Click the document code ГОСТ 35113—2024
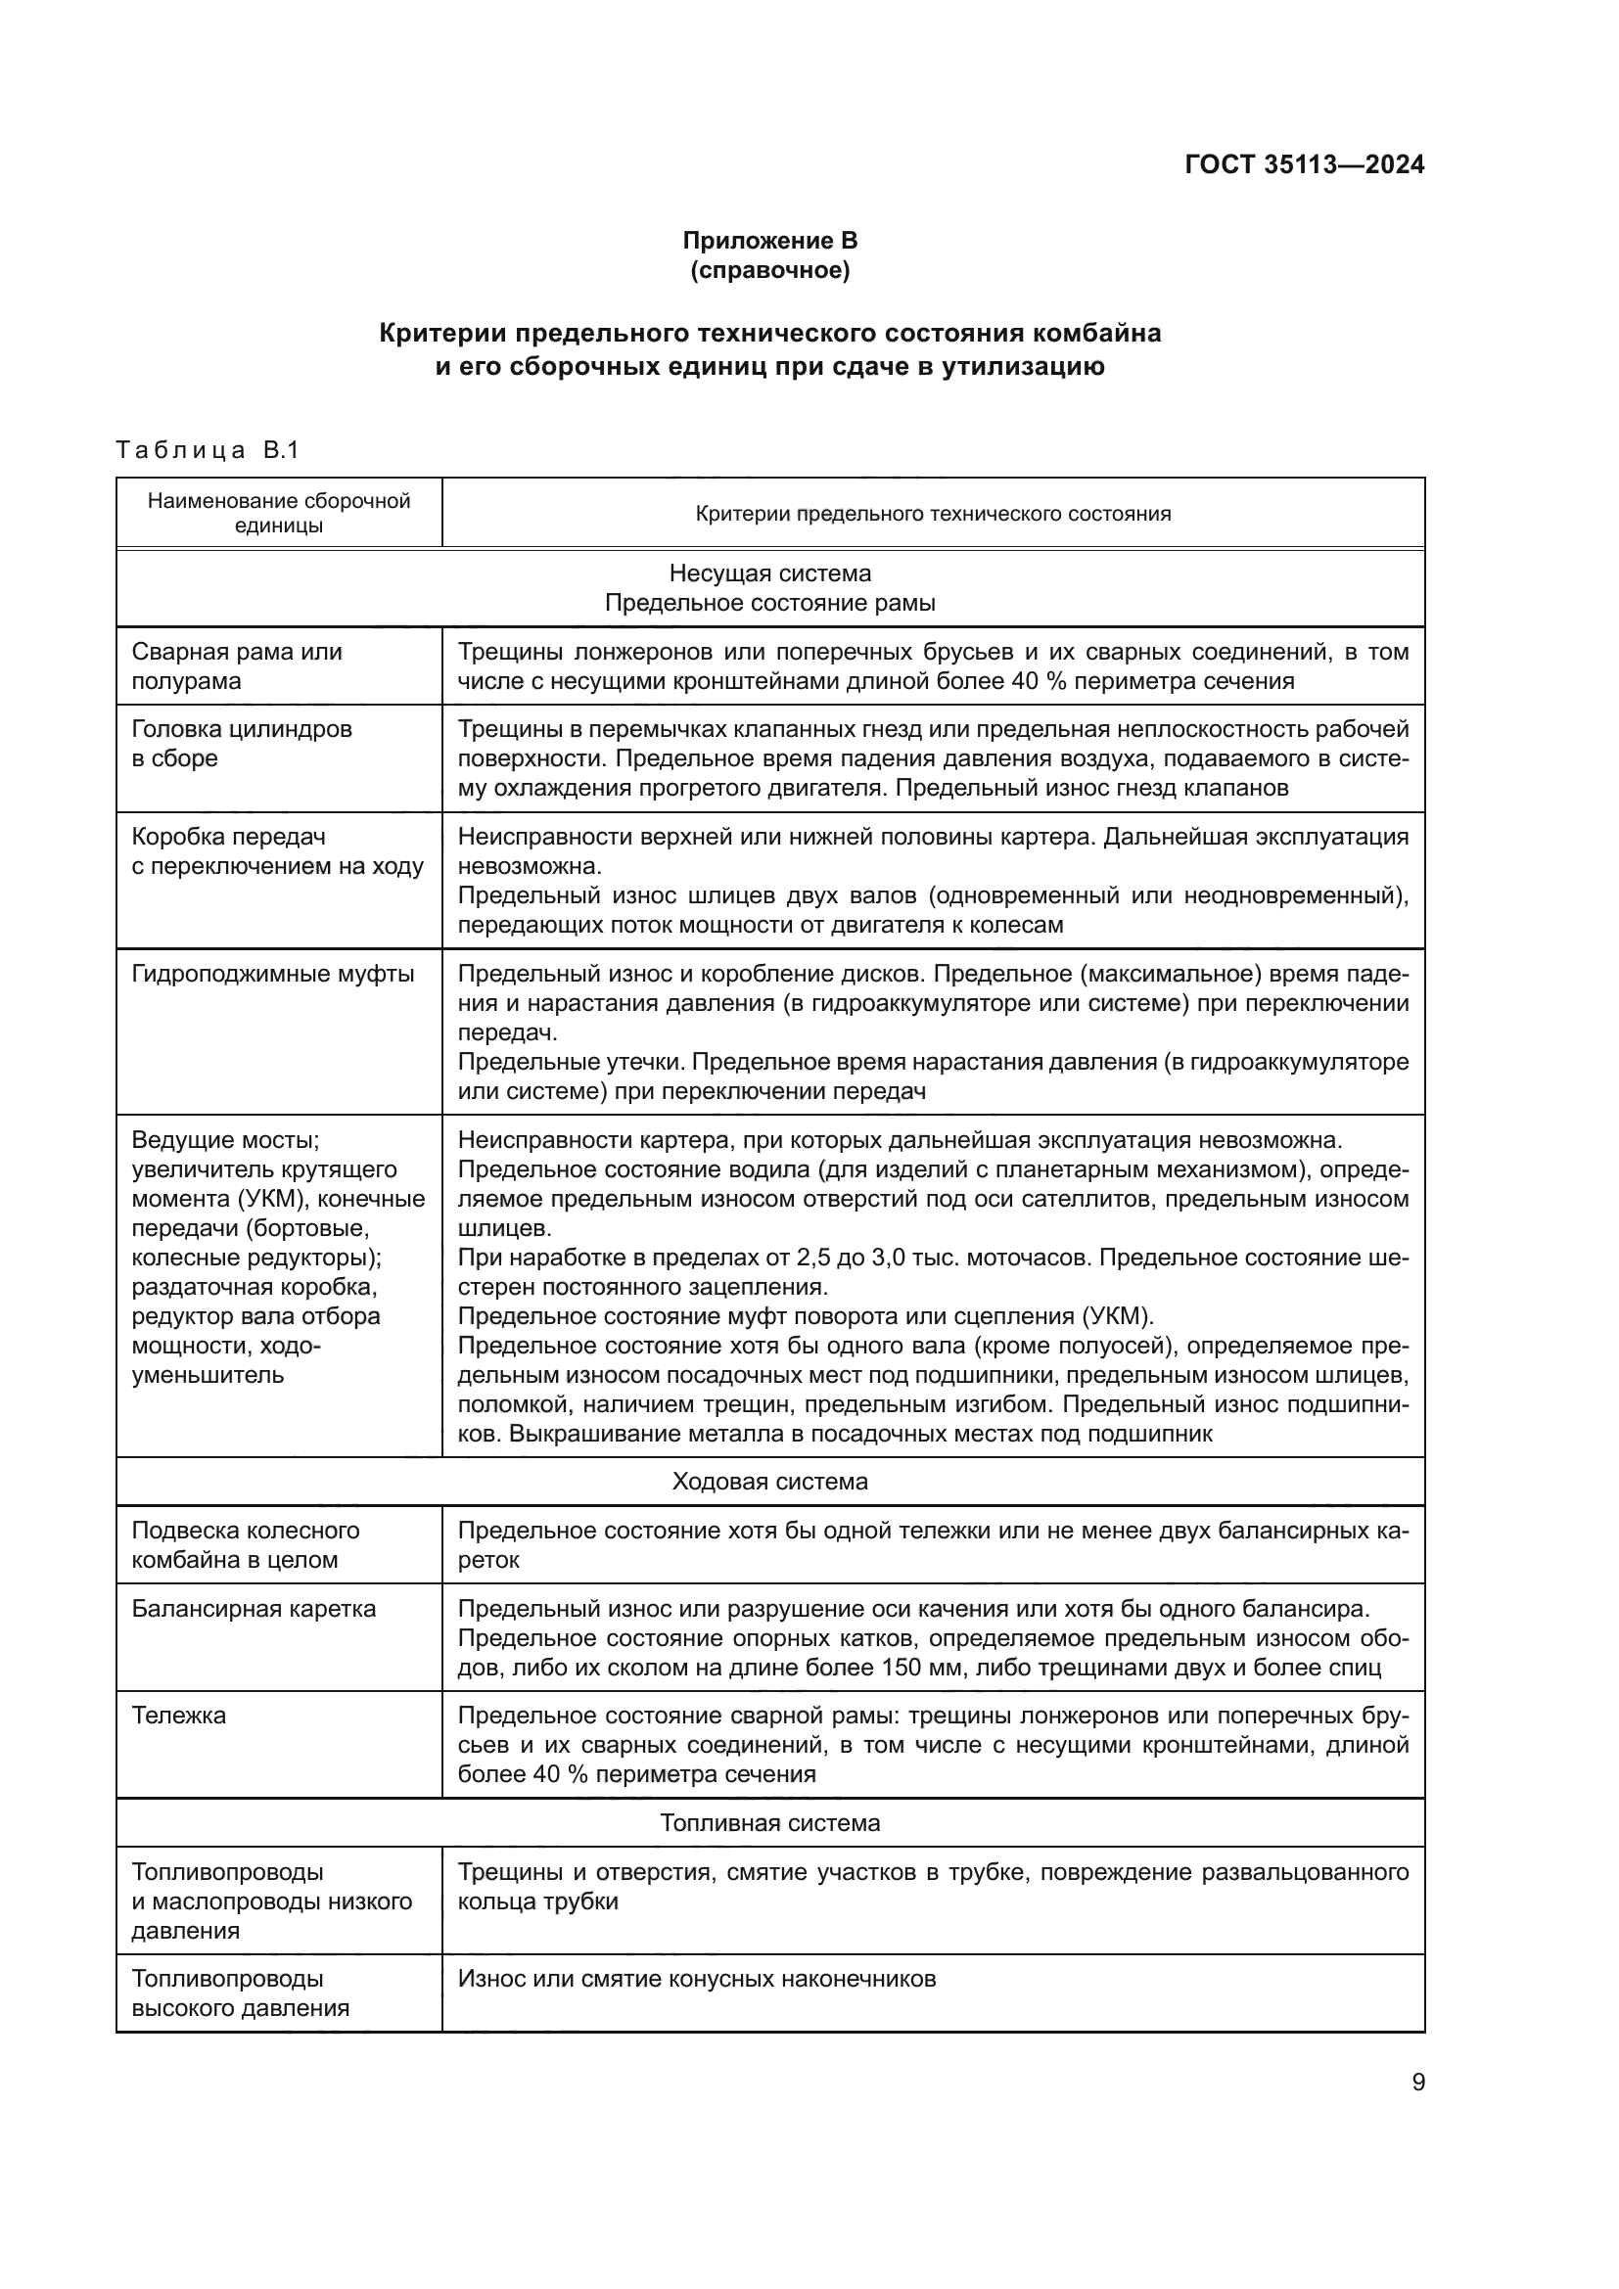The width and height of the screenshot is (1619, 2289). [x=1304, y=165]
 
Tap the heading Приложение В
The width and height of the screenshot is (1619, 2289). [x=769, y=241]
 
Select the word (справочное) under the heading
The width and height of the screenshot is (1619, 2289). [x=769, y=271]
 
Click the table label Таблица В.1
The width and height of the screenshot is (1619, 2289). [x=208, y=450]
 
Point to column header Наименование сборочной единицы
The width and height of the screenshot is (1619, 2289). [x=279, y=513]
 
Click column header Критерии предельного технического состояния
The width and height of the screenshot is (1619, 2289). [x=932, y=515]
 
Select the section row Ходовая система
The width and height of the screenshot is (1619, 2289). [x=769, y=1482]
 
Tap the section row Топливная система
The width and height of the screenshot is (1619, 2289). [x=769, y=1823]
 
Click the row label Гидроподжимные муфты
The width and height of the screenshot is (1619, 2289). [x=273, y=973]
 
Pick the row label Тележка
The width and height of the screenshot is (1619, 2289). [x=179, y=1716]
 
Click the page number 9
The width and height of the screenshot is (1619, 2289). [x=1417, y=2083]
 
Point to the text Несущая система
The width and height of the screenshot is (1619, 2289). [x=769, y=573]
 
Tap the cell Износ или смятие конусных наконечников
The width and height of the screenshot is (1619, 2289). [x=696, y=1979]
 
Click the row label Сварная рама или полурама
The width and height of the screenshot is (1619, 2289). [x=237, y=666]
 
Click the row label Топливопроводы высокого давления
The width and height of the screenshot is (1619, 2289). [x=240, y=1992]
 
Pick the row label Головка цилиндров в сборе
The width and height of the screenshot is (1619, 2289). [x=242, y=743]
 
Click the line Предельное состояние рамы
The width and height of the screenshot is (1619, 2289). [x=769, y=603]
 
